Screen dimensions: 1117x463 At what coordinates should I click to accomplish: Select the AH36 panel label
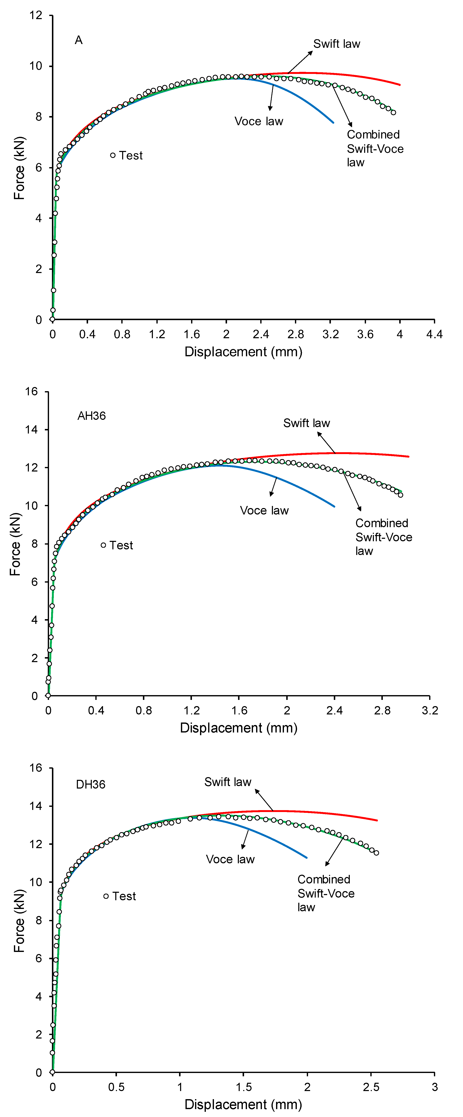92,416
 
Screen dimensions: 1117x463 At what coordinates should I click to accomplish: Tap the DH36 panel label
91,784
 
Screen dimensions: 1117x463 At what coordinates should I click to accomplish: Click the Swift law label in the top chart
337,44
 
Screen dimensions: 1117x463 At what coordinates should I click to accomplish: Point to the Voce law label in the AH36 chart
264,510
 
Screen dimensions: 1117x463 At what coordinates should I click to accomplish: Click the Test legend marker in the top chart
113,155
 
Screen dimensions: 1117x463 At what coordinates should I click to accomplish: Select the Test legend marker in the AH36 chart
103,545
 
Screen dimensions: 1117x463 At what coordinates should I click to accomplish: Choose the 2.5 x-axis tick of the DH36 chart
371,1087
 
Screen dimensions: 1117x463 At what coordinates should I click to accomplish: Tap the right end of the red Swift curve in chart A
400,85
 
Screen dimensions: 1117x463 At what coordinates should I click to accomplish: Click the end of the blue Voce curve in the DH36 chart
307,857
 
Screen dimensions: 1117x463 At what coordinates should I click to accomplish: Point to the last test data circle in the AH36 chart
400,495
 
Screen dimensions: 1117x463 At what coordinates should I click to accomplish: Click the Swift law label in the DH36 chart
228,782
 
